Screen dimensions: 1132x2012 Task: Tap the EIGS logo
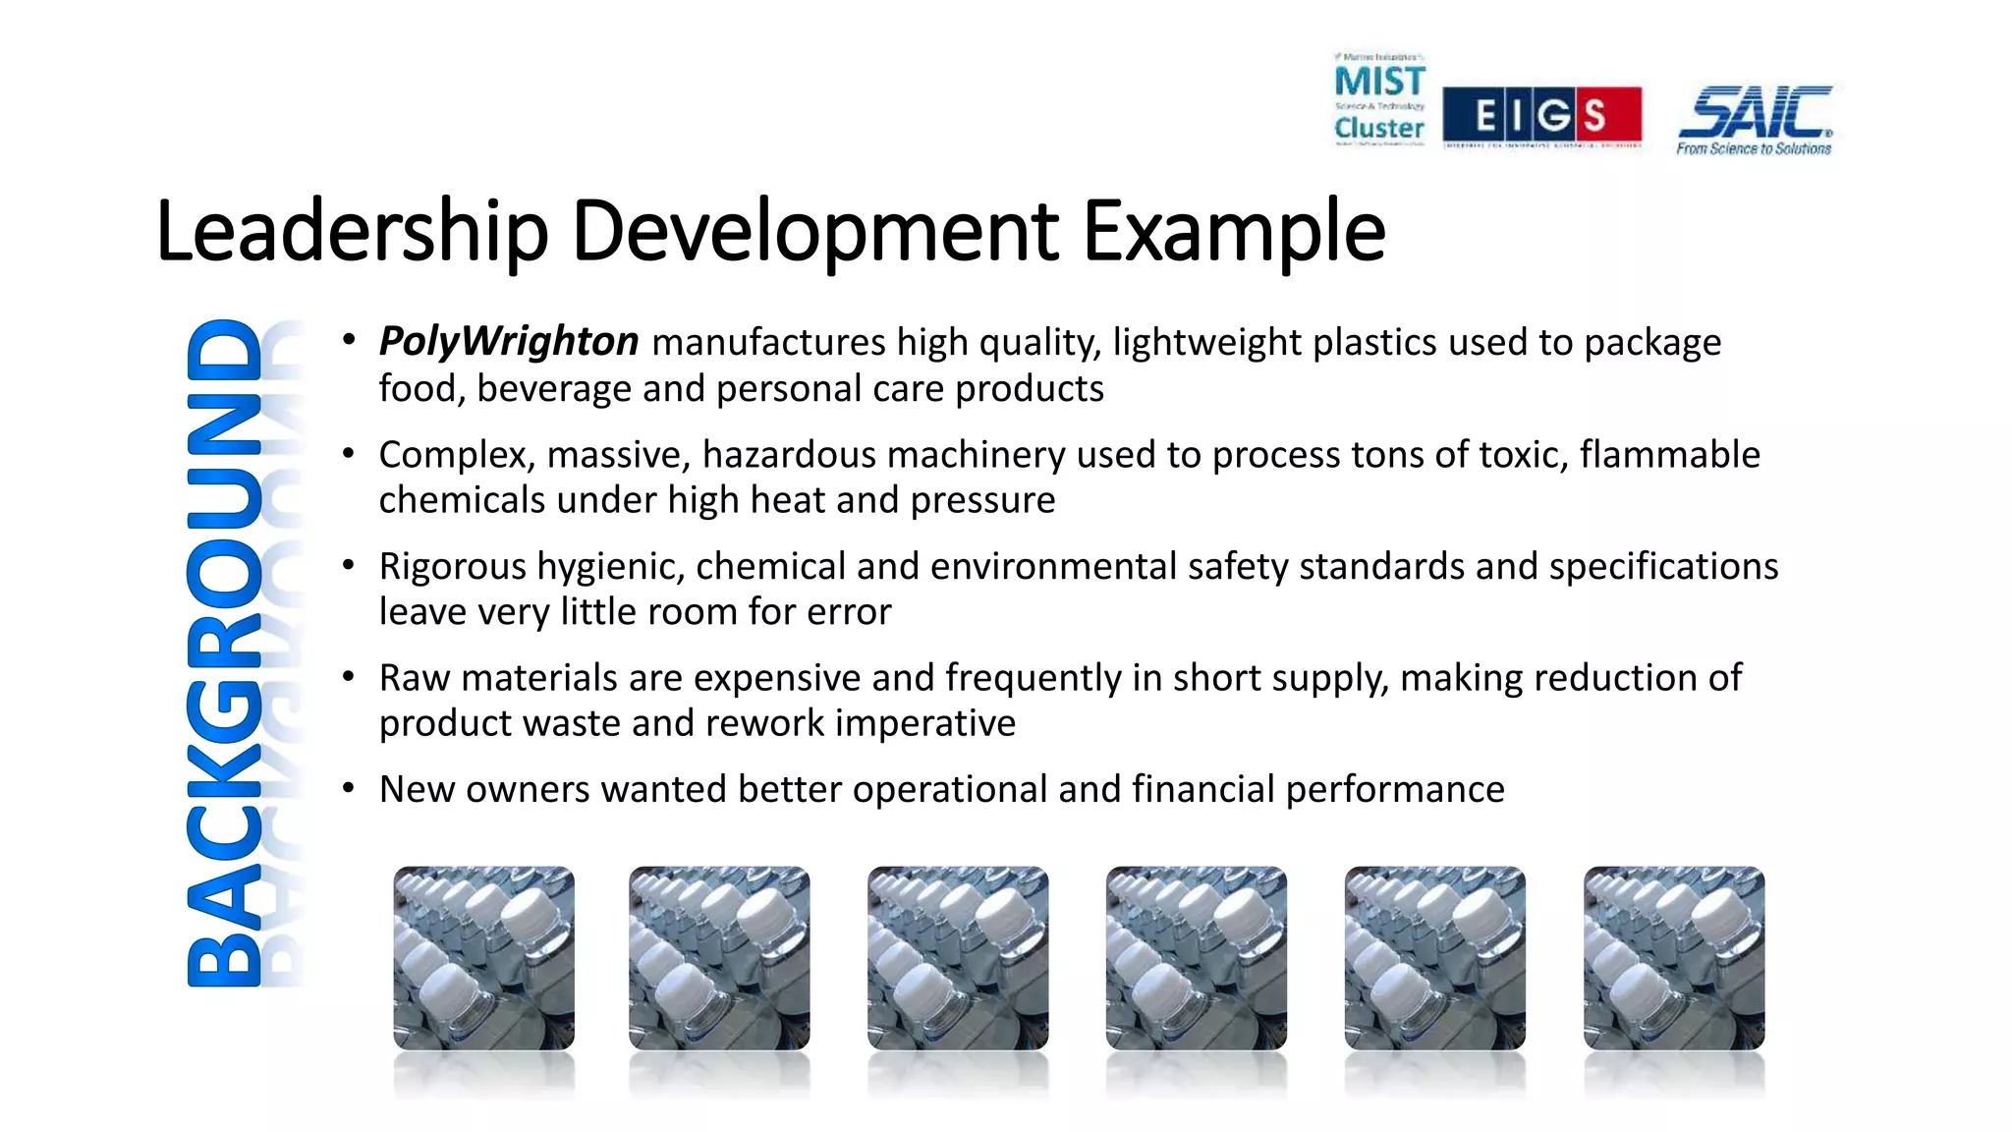point(1541,115)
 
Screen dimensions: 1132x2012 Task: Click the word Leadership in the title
point(351,232)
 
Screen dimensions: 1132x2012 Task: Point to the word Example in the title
point(1234,232)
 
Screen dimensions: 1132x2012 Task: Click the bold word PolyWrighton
point(509,342)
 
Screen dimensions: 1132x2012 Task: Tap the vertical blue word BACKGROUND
point(225,652)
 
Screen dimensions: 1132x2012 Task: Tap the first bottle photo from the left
point(483,958)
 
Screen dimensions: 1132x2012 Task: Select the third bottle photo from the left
point(958,958)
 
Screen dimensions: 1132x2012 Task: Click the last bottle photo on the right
point(1674,958)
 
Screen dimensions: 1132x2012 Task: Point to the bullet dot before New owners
point(348,788)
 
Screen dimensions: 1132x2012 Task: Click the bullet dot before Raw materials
point(348,676)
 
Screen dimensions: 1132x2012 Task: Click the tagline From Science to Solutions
point(1754,149)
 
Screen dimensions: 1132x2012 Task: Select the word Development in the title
point(814,232)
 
